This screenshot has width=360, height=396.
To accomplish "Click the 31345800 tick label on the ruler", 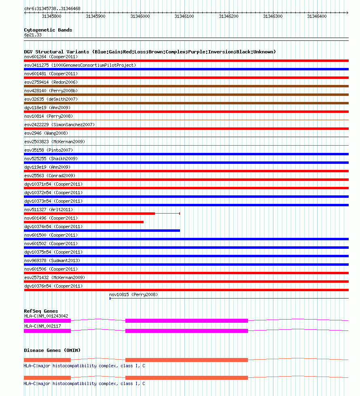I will (x=51, y=17).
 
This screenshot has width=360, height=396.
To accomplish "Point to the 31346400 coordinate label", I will (x=317, y=17).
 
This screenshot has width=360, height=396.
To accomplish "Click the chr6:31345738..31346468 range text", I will (x=52, y=8).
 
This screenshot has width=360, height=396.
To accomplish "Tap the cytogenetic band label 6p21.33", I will (x=33, y=35).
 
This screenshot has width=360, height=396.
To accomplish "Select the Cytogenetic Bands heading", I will (x=48, y=30).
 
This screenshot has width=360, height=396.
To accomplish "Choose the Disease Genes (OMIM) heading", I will (x=52, y=350).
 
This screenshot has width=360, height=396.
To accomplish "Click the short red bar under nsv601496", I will (x=84, y=222).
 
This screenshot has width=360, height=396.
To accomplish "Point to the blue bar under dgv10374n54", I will (x=102, y=231).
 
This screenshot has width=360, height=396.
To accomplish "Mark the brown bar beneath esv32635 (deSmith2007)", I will (x=186, y=103).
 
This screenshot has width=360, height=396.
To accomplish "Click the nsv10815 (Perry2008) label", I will (x=133, y=294).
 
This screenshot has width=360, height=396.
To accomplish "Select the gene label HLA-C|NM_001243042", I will (x=46, y=316).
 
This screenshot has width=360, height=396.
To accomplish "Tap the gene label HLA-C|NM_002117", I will (x=42, y=326).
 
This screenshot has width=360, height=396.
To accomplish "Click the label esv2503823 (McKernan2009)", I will (x=55, y=142).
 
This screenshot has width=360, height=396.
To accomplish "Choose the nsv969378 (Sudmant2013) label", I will (x=52, y=260).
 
